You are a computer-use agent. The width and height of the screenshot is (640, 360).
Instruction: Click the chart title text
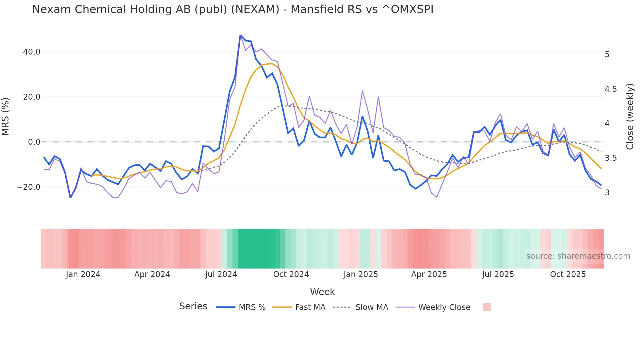(232, 9)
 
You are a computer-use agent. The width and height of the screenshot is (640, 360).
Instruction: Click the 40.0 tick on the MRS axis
(32, 52)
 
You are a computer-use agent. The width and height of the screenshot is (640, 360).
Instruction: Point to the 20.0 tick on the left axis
(32, 97)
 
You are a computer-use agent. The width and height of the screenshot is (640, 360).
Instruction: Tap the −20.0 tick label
(29, 187)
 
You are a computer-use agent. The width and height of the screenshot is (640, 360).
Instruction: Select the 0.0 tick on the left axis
(34, 142)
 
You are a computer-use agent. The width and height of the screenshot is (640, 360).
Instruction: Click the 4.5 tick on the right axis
(611, 89)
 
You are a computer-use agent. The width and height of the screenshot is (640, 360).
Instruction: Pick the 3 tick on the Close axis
(607, 193)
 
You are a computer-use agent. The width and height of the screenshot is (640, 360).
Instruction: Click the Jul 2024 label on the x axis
(221, 274)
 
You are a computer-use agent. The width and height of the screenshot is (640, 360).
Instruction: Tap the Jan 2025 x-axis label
(360, 274)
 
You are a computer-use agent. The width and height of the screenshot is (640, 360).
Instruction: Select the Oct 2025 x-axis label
(568, 274)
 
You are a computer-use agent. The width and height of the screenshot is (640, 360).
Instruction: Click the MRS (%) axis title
(6, 117)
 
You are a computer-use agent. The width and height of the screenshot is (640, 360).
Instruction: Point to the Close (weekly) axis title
(630, 117)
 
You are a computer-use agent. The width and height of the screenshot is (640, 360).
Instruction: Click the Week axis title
(322, 292)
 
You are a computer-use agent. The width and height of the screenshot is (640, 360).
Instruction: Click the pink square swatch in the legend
(487, 307)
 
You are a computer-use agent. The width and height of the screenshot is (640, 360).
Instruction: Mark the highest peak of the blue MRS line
(240, 35)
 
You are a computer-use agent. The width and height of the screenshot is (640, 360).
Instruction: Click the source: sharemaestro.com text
(578, 256)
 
